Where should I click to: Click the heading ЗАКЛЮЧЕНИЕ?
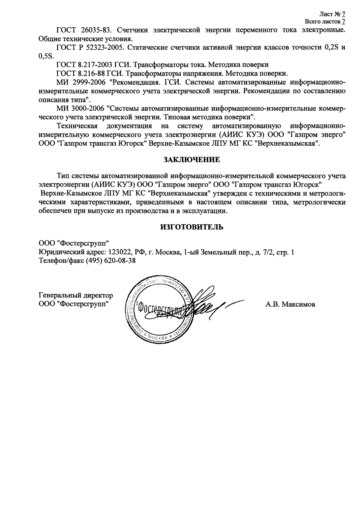[x=192, y=160]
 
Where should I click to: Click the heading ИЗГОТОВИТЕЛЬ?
[x=192, y=227]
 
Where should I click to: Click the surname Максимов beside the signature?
[x=299, y=304]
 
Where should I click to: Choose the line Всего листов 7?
[x=325, y=22]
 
